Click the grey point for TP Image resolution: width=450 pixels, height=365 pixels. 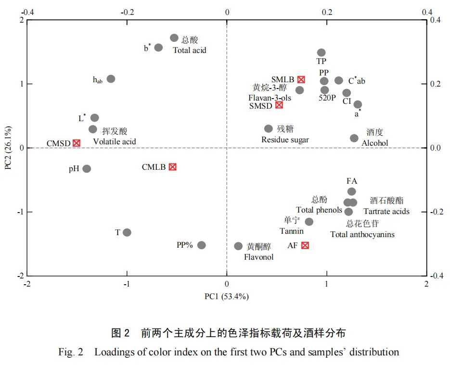click(321, 52)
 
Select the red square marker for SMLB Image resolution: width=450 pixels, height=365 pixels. click(301, 79)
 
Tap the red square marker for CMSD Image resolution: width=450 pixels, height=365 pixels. click(77, 143)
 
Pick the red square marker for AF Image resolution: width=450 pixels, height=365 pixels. click(305, 245)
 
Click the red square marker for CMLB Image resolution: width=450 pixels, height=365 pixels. click(172, 167)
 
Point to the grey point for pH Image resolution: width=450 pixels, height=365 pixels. click(87, 169)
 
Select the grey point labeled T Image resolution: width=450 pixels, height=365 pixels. click(127, 232)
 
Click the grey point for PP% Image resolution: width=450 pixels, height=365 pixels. click(202, 245)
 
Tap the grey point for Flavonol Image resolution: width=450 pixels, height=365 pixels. click(238, 246)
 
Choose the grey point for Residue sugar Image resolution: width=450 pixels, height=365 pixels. click(269, 129)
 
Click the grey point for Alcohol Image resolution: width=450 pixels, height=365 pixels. click(354, 138)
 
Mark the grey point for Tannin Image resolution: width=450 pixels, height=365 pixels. click(309, 222)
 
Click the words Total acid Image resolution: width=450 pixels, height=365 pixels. click(190, 50)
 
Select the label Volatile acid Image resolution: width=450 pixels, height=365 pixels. click(115, 142)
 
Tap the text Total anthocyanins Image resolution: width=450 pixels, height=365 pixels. click(362, 235)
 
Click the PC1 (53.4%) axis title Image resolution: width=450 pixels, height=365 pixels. click(227, 297)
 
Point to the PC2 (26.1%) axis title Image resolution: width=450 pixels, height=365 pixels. click(8, 148)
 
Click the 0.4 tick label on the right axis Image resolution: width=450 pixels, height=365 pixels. click(436, 20)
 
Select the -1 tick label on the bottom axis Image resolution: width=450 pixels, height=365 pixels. click(127, 284)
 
